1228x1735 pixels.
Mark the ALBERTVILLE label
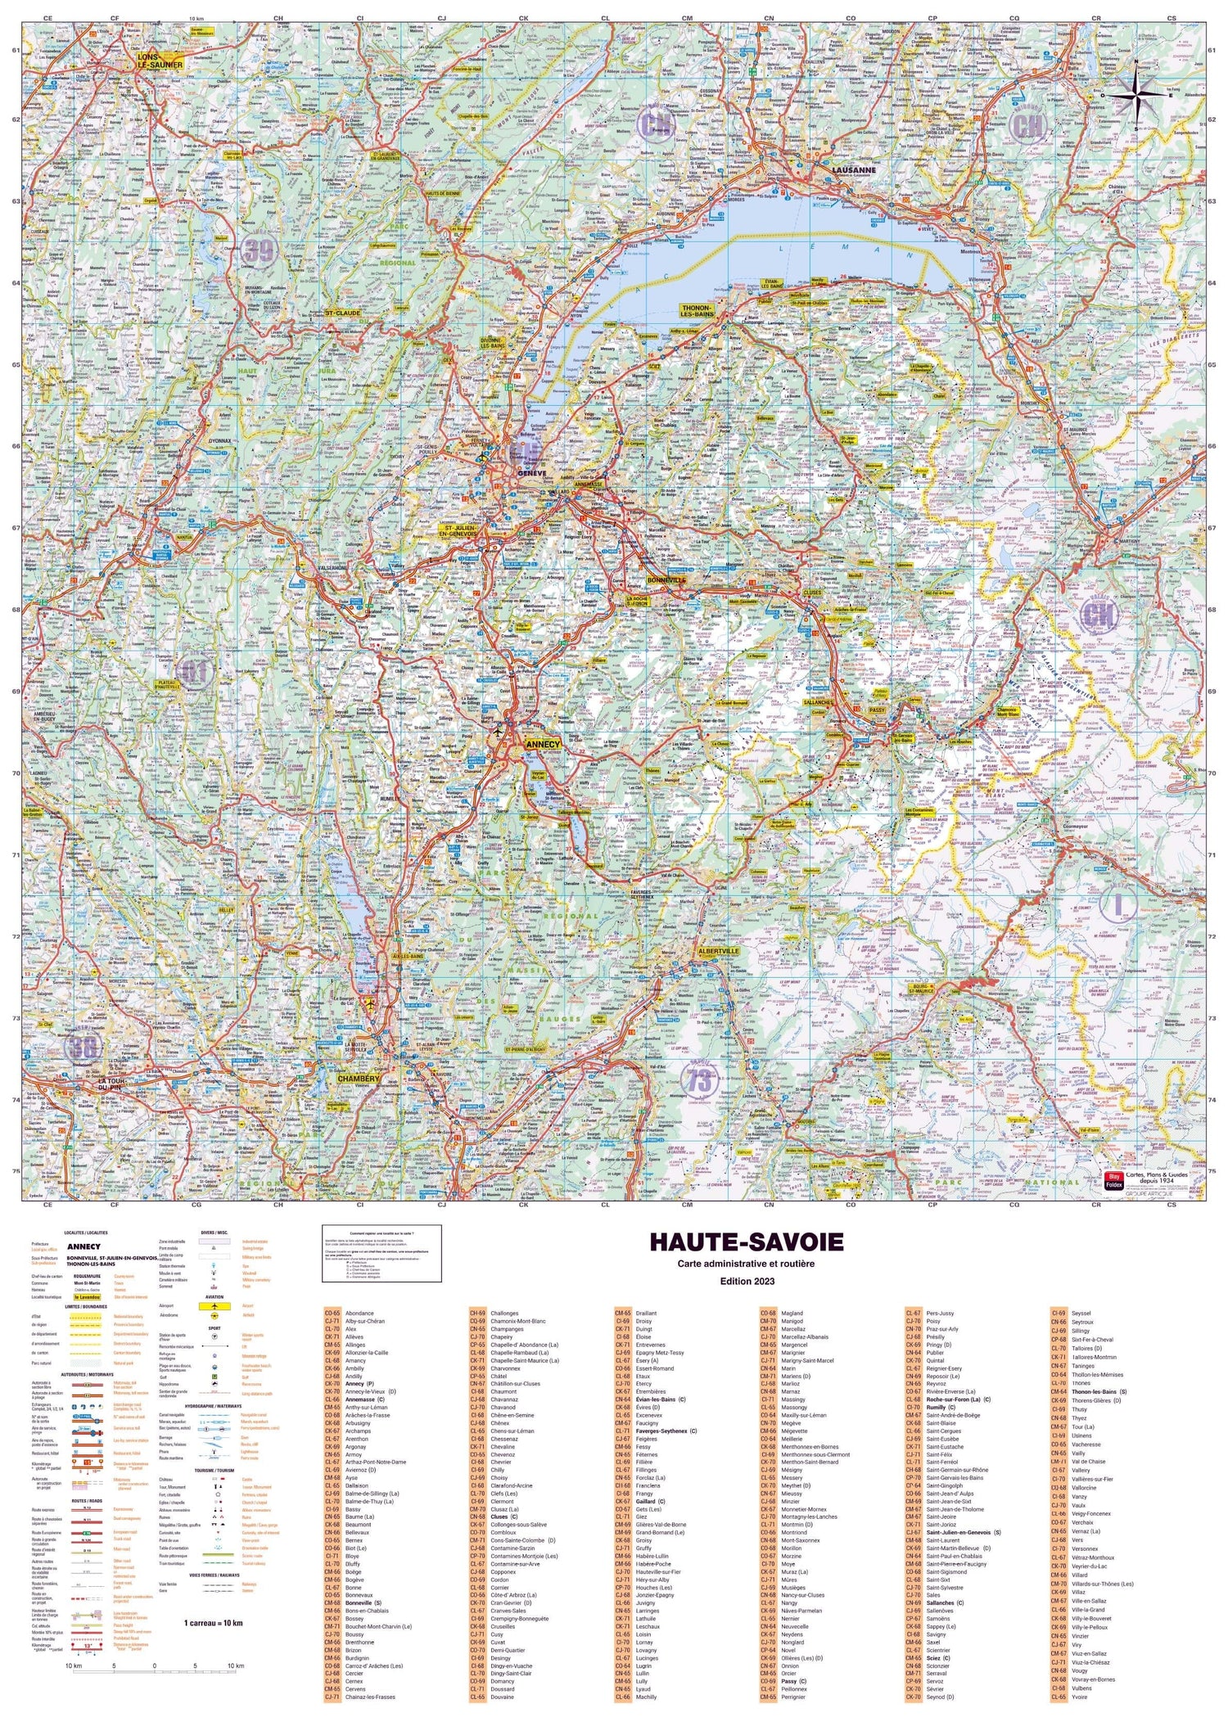point(718,951)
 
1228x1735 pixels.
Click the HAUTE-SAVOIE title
point(746,1242)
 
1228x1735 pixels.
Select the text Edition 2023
point(746,1281)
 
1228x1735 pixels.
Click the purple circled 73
point(700,1081)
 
